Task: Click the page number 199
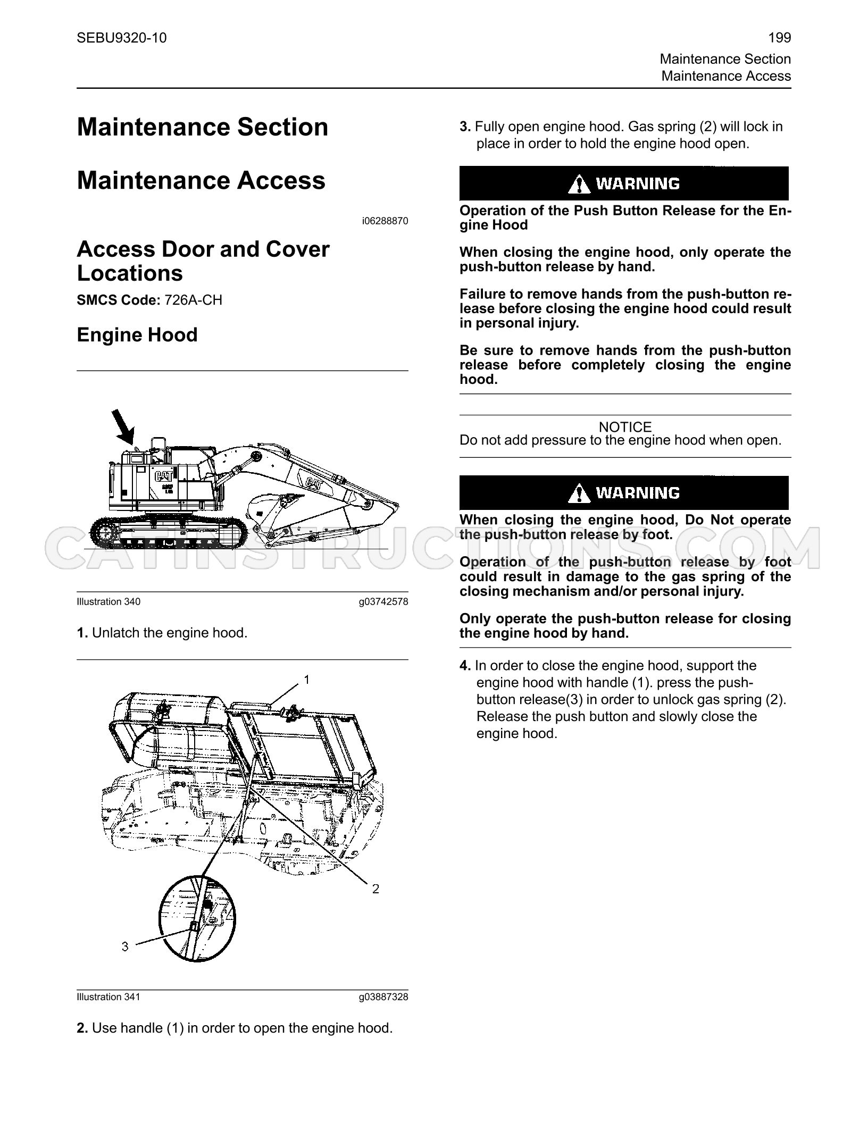(780, 38)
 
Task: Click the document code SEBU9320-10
(122, 38)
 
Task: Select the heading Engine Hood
(137, 334)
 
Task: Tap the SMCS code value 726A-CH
(194, 300)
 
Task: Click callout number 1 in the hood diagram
(306, 680)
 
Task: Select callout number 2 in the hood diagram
(375, 889)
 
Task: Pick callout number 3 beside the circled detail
(125, 946)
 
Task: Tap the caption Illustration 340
(108, 601)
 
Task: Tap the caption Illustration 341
(108, 996)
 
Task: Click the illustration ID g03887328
(383, 996)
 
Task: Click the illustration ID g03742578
(383, 601)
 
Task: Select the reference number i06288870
(385, 221)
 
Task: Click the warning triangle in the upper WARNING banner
(579, 184)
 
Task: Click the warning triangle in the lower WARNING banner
(579, 493)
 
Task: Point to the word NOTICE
(625, 427)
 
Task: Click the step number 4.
(465, 666)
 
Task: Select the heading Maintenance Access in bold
(201, 180)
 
